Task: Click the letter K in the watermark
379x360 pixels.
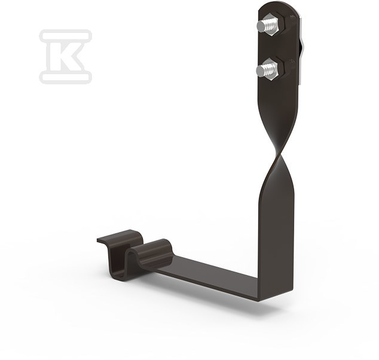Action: click(66, 57)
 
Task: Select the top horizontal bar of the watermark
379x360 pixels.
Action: click(65, 35)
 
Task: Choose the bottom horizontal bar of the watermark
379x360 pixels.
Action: click(65, 77)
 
